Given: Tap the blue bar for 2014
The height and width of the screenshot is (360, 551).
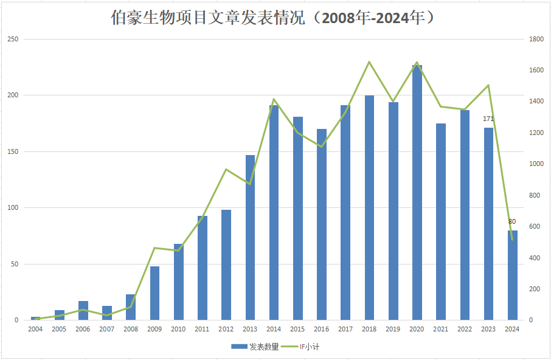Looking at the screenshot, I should [274, 212].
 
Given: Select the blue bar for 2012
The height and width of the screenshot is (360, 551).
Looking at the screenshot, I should [226, 265].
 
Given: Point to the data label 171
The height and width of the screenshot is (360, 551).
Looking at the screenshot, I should [488, 119].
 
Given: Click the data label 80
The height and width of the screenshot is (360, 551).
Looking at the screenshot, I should [512, 221].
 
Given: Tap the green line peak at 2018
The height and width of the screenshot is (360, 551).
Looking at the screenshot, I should [369, 61].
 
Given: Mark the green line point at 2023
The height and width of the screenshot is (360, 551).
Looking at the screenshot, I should [488, 85].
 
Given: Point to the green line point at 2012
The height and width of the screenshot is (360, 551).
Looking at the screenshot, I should [226, 169].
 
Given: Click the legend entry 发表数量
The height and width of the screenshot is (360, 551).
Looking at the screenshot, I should [255, 347].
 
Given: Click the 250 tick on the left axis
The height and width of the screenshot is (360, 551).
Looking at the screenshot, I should [13, 40].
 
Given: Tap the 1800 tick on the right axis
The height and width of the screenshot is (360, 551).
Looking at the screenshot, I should [536, 40].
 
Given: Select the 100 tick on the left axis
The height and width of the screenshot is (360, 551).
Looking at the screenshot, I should [13, 208].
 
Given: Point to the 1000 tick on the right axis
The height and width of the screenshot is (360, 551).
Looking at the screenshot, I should [536, 164].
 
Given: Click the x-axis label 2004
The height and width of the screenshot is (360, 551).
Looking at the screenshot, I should [35, 329].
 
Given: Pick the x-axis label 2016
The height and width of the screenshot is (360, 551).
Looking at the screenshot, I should [321, 329].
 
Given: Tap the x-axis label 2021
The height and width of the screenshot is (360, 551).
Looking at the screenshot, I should [440, 329].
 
